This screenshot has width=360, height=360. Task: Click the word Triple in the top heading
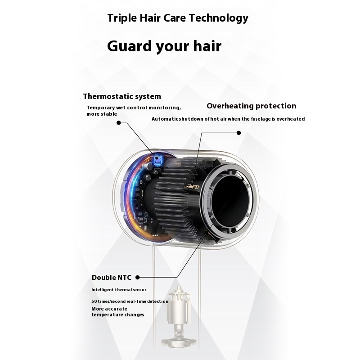(x=121, y=18)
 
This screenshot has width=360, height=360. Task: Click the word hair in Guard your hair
(x=207, y=46)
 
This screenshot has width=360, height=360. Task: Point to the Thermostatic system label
(x=122, y=96)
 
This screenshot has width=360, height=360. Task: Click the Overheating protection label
(x=252, y=106)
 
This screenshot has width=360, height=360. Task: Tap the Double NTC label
(x=111, y=277)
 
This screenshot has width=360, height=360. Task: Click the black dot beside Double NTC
(x=138, y=277)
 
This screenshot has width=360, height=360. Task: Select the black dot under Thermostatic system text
(x=119, y=123)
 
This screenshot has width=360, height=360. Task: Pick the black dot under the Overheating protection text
(x=239, y=133)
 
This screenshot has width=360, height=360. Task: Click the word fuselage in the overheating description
(x=261, y=119)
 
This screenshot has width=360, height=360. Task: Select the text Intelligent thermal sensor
(x=119, y=290)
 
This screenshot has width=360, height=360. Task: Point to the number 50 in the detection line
(x=94, y=301)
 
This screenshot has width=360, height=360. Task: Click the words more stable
(x=102, y=114)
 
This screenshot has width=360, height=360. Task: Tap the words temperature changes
(x=118, y=315)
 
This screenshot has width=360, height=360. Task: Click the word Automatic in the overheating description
(x=165, y=119)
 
